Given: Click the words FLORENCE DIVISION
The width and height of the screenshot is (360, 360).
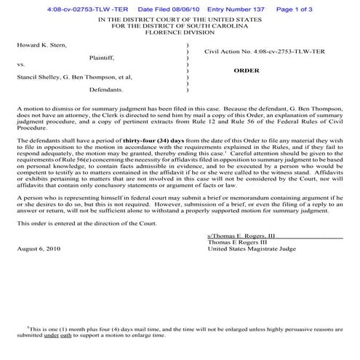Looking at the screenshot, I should [180, 33].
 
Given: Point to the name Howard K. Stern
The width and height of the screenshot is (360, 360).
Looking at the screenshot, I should [41, 45].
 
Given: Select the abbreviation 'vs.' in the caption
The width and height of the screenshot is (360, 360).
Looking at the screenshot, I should [21, 64].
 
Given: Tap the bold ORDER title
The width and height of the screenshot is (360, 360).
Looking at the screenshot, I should [247, 71].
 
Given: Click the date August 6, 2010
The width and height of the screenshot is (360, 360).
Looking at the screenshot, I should [39, 248].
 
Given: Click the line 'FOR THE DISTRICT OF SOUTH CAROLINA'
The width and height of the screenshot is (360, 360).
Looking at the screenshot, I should [180, 26].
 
